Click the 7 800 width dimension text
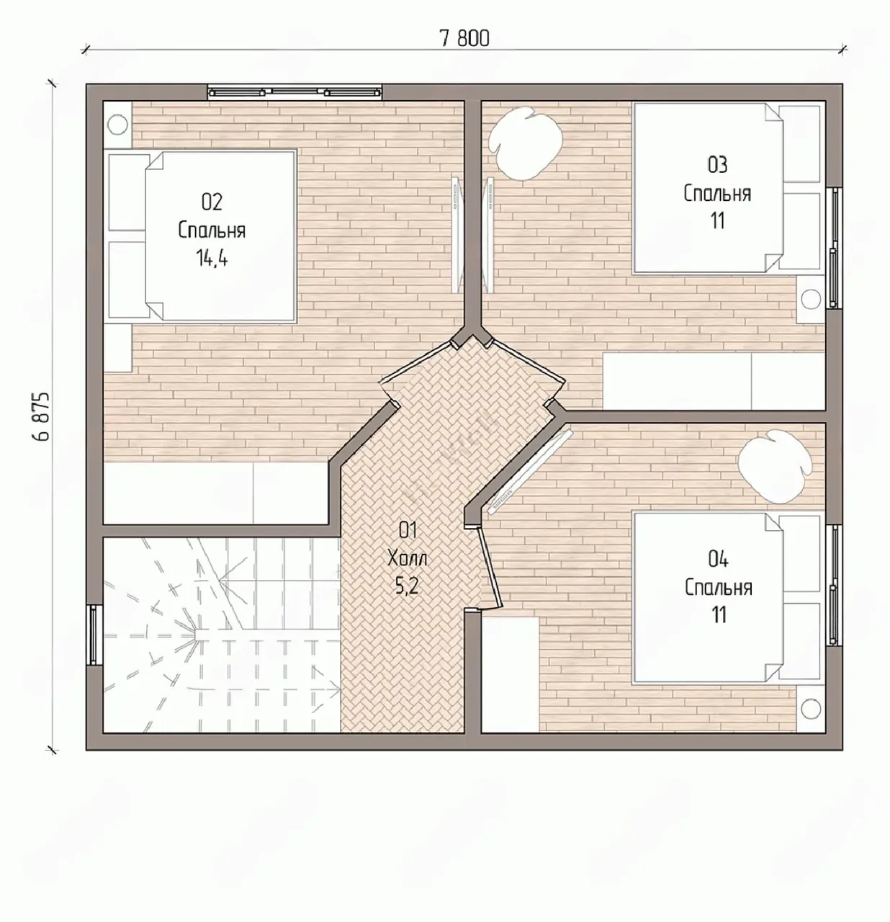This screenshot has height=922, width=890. (x=464, y=38)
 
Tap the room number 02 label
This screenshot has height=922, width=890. (x=212, y=202)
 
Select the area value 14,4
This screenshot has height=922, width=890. (x=212, y=258)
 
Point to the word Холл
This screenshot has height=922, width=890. (x=408, y=558)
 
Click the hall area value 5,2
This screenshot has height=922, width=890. (x=408, y=586)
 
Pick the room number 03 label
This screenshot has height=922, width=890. (x=717, y=165)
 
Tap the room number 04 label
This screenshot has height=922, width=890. (x=718, y=560)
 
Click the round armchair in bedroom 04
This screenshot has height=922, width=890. (x=776, y=467)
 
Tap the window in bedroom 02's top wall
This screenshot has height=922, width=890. (x=295, y=92)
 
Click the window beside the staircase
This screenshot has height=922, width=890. (x=94, y=635)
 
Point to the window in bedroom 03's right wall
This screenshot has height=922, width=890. (x=834, y=248)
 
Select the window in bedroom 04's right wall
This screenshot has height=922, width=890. (x=834, y=585)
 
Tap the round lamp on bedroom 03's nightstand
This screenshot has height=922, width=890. (x=811, y=300)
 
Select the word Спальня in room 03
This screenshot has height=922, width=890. (x=717, y=193)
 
